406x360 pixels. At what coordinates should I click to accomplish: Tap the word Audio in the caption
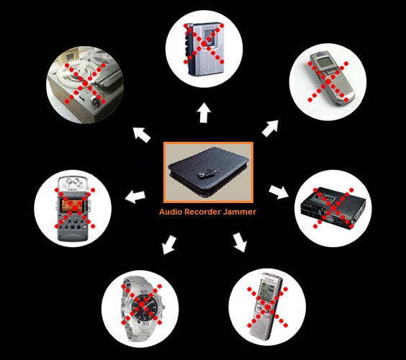168,212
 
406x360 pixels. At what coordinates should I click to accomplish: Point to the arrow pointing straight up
204,112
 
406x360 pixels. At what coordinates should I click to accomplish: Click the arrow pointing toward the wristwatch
169,245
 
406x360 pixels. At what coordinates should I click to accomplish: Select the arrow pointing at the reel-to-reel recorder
141,135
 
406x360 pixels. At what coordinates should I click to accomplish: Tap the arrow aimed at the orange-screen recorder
135,197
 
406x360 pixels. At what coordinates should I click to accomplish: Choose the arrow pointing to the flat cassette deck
279,192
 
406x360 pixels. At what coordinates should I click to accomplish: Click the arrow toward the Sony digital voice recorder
240,243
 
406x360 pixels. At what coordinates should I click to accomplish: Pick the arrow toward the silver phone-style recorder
270,128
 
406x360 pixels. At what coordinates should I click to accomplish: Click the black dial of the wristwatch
144,306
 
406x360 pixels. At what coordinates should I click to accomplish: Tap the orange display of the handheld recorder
73,206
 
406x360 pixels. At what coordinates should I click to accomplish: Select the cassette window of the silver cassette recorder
210,38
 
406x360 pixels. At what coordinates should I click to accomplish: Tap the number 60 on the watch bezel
144,292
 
